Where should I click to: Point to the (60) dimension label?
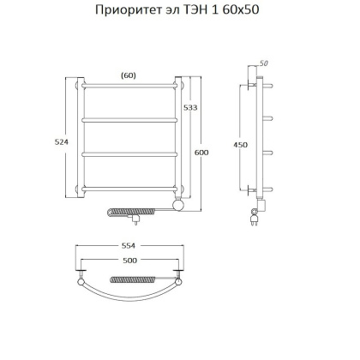coord(129,75)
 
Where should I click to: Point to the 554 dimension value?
coord(129,245)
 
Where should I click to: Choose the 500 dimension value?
coord(129,261)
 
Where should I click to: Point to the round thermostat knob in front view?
coord(178,206)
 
